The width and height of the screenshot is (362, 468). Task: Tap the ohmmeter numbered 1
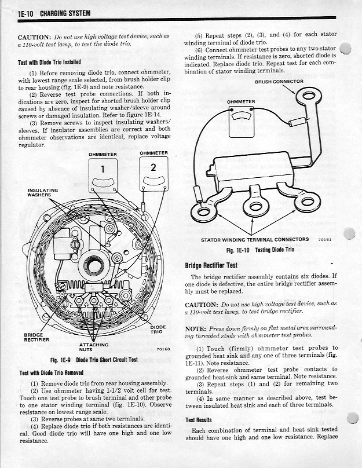pos(103,174)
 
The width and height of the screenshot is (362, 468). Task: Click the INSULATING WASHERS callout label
pos(42,192)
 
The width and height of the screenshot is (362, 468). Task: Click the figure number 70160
pos(163,349)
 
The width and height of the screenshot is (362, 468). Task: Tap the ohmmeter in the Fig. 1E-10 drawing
pos(241,119)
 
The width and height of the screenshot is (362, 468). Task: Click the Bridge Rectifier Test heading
pos(211,265)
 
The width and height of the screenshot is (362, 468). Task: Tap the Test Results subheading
pos(199,420)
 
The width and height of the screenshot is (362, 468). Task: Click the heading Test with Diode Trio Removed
pos(52,372)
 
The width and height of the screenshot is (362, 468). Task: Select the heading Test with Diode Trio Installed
pos(50,62)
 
